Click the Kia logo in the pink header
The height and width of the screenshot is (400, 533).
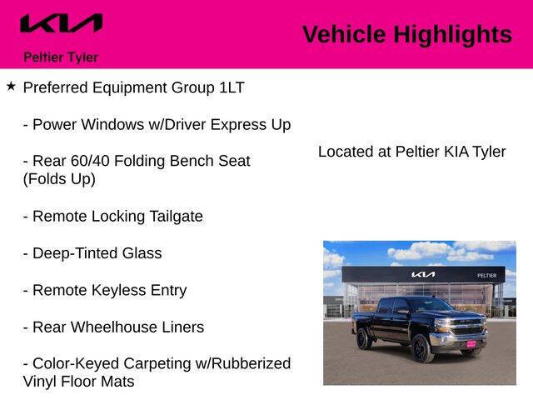tap(61, 24)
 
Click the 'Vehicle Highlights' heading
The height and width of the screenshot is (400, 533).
tap(406, 34)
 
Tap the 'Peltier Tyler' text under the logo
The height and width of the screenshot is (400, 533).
tap(61, 57)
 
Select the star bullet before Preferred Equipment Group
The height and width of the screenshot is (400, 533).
tap(11, 87)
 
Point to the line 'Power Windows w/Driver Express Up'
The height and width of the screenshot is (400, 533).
tap(157, 125)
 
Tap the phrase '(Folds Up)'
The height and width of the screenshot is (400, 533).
tap(59, 179)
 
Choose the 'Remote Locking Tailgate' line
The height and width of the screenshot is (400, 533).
tap(112, 217)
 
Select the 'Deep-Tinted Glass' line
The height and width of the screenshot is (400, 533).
tap(92, 253)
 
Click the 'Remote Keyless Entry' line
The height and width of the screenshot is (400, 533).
tap(104, 291)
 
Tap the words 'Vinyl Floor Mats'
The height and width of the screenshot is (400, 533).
tap(78, 382)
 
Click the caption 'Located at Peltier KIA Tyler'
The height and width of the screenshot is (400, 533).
tap(411, 152)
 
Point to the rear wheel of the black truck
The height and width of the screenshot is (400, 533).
tap(365, 338)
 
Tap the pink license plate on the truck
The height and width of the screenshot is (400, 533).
tap(471, 342)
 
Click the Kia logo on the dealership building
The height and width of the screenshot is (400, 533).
tap(422, 274)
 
